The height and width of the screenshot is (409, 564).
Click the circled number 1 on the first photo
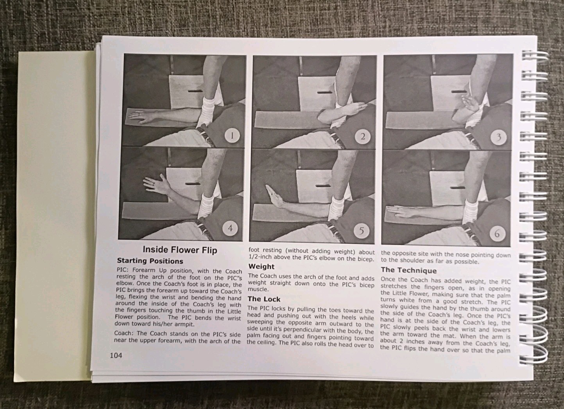tap(232, 136)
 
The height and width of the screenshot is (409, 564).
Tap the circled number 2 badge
tap(363, 137)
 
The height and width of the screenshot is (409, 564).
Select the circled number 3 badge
tap(498, 138)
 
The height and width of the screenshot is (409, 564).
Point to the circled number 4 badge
tap(230, 228)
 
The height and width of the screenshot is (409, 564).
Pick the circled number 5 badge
tap(361, 231)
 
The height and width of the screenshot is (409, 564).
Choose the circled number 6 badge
tap(497, 234)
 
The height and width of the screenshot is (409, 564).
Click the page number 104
tap(116, 355)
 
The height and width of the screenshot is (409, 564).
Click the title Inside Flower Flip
tap(180, 250)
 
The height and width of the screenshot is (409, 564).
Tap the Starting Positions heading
tap(150, 261)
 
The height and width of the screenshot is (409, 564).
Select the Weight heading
tap(261, 267)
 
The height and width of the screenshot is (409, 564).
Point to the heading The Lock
tap(264, 299)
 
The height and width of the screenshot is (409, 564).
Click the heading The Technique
tap(409, 270)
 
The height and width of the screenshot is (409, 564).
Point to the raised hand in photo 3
tap(471, 104)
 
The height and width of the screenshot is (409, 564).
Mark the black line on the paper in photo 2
tap(324, 92)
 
